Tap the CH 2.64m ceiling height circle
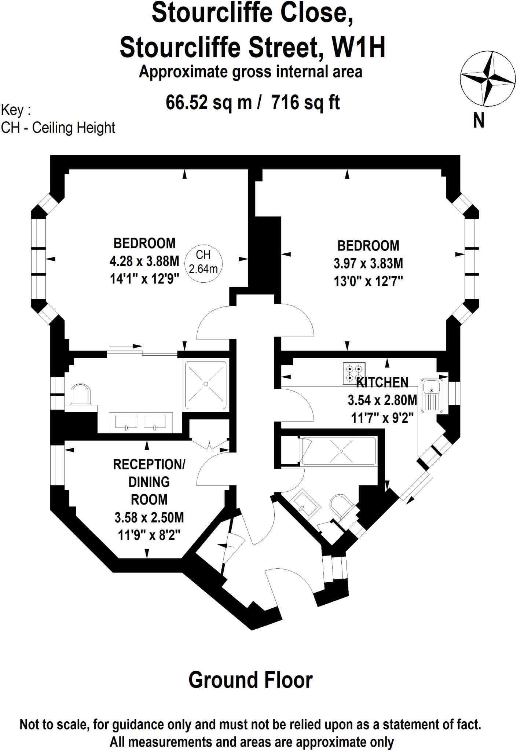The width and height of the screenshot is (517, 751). [x=203, y=263]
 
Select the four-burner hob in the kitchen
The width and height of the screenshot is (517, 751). [x=354, y=373]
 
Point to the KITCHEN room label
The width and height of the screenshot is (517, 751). [x=382, y=382]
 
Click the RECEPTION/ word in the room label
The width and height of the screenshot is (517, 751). [x=149, y=464]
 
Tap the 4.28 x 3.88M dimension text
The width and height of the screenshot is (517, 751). [x=144, y=261]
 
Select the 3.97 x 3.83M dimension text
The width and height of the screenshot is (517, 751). [x=368, y=263]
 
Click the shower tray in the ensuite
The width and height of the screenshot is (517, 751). [x=206, y=385]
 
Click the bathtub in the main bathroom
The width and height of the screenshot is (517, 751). [x=338, y=451]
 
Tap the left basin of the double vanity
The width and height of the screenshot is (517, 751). [x=126, y=422]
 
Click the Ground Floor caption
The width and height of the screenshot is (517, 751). [x=250, y=680]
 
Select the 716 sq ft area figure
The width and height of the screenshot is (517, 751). [x=305, y=102]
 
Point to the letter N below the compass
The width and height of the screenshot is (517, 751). [x=479, y=121]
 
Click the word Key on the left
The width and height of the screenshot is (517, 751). [x=12, y=110]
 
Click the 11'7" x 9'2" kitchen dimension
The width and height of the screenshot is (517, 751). [x=382, y=418]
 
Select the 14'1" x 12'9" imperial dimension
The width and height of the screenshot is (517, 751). [x=144, y=279]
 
